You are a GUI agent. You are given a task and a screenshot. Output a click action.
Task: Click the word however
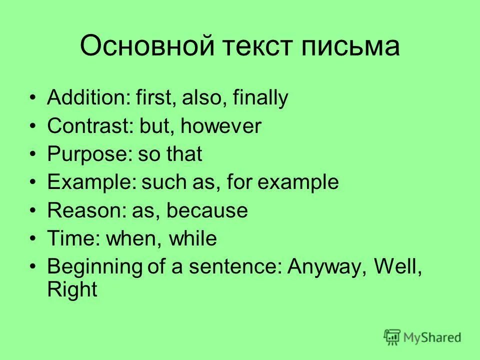coord(221,126)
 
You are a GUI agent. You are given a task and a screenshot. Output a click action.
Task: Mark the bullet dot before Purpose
coord(33,154)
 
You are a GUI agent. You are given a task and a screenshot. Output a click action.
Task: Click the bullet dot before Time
coord(33,238)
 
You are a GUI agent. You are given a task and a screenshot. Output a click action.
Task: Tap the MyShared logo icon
coord(392,337)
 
